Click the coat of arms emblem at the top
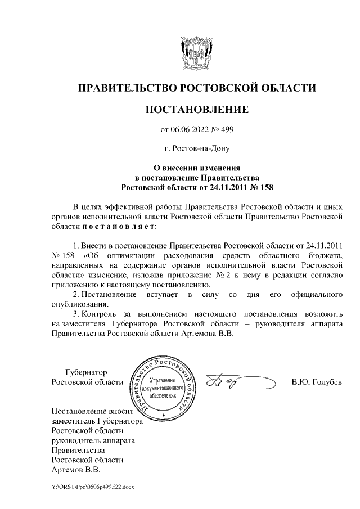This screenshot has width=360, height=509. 196,53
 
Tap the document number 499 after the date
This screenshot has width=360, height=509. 226,130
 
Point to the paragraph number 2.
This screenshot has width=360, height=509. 76,295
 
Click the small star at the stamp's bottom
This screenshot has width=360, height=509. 163,415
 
